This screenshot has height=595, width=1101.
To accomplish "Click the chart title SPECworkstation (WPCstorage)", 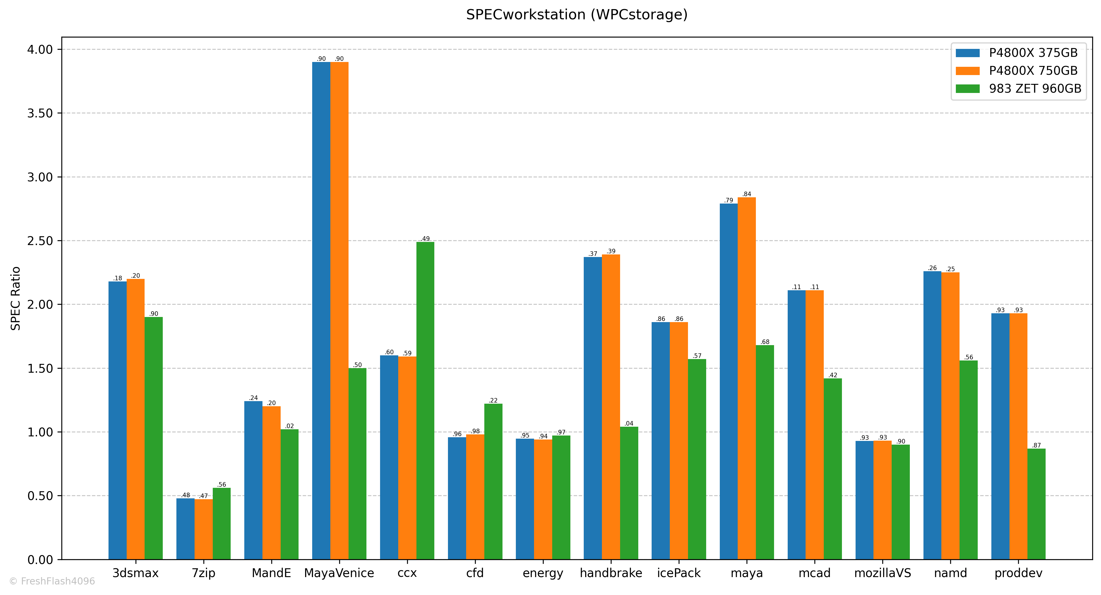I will [x=577, y=14].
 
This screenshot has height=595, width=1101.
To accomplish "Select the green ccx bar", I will [x=425, y=400].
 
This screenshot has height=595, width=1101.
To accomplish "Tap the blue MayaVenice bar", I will [x=321, y=310].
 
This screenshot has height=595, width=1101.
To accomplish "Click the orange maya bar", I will [x=747, y=378].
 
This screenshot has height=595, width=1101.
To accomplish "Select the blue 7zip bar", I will [x=185, y=529].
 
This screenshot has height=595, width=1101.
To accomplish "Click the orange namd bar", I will [x=950, y=416].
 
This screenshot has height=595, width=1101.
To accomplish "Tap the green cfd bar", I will [x=493, y=481].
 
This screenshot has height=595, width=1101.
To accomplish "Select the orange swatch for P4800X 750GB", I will [x=968, y=71].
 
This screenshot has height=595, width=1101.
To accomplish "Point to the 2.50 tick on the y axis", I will [x=40, y=241].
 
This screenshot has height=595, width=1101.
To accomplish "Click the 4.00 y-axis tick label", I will [x=40, y=50].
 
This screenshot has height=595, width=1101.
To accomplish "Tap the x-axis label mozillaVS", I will [x=883, y=573].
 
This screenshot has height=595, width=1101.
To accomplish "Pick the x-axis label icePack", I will [x=679, y=573].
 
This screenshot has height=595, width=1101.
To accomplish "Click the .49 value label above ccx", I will [x=425, y=239].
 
